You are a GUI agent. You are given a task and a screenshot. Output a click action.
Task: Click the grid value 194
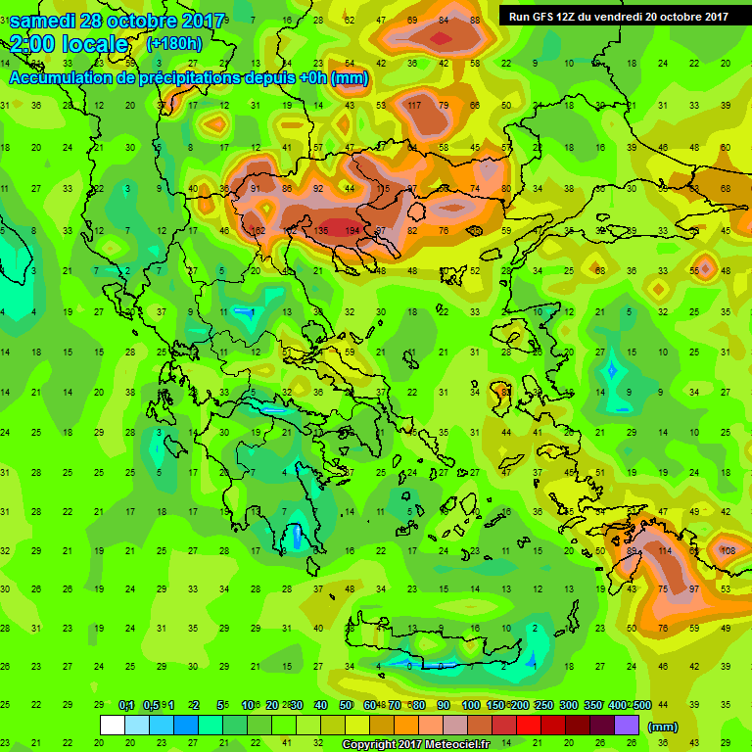pyautogui.click(x=353, y=229)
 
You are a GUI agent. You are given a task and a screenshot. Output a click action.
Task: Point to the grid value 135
pyautogui.click(x=321, y=229)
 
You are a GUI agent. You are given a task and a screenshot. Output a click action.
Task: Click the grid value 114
pyautogui.click(x=665, y=550)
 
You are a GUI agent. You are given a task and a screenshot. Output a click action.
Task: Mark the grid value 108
pyautogui.click(x=728, y=550)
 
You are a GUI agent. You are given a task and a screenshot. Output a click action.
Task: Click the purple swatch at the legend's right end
pyautogui.click(x=627, y=726)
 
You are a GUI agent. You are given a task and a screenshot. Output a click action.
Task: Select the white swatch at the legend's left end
pyautogui.click(x=113, y=726)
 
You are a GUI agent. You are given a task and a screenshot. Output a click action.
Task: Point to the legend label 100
pyautogui.click(x=471, y=705)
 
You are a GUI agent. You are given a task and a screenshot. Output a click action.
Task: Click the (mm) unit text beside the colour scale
pyautogui.click(x=664, y=727)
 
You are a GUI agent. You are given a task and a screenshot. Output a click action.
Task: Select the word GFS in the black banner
pyautogui.click(x=550, y=16)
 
